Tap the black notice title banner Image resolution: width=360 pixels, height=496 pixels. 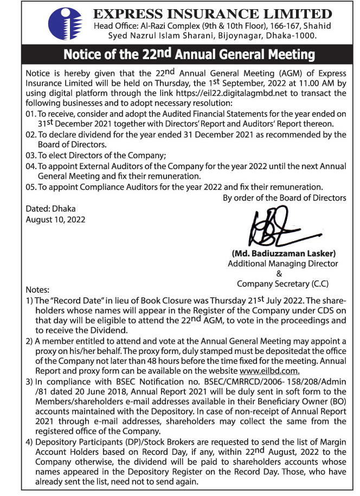(189, 54)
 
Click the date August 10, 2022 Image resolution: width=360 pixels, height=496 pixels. (55, 220)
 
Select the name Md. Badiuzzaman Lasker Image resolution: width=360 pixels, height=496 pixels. (284, 253)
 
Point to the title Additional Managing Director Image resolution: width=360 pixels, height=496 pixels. (282, 263)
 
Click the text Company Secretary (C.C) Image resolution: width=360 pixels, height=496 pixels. (282, 284)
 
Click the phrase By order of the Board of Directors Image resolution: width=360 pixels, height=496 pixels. (285, 197)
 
